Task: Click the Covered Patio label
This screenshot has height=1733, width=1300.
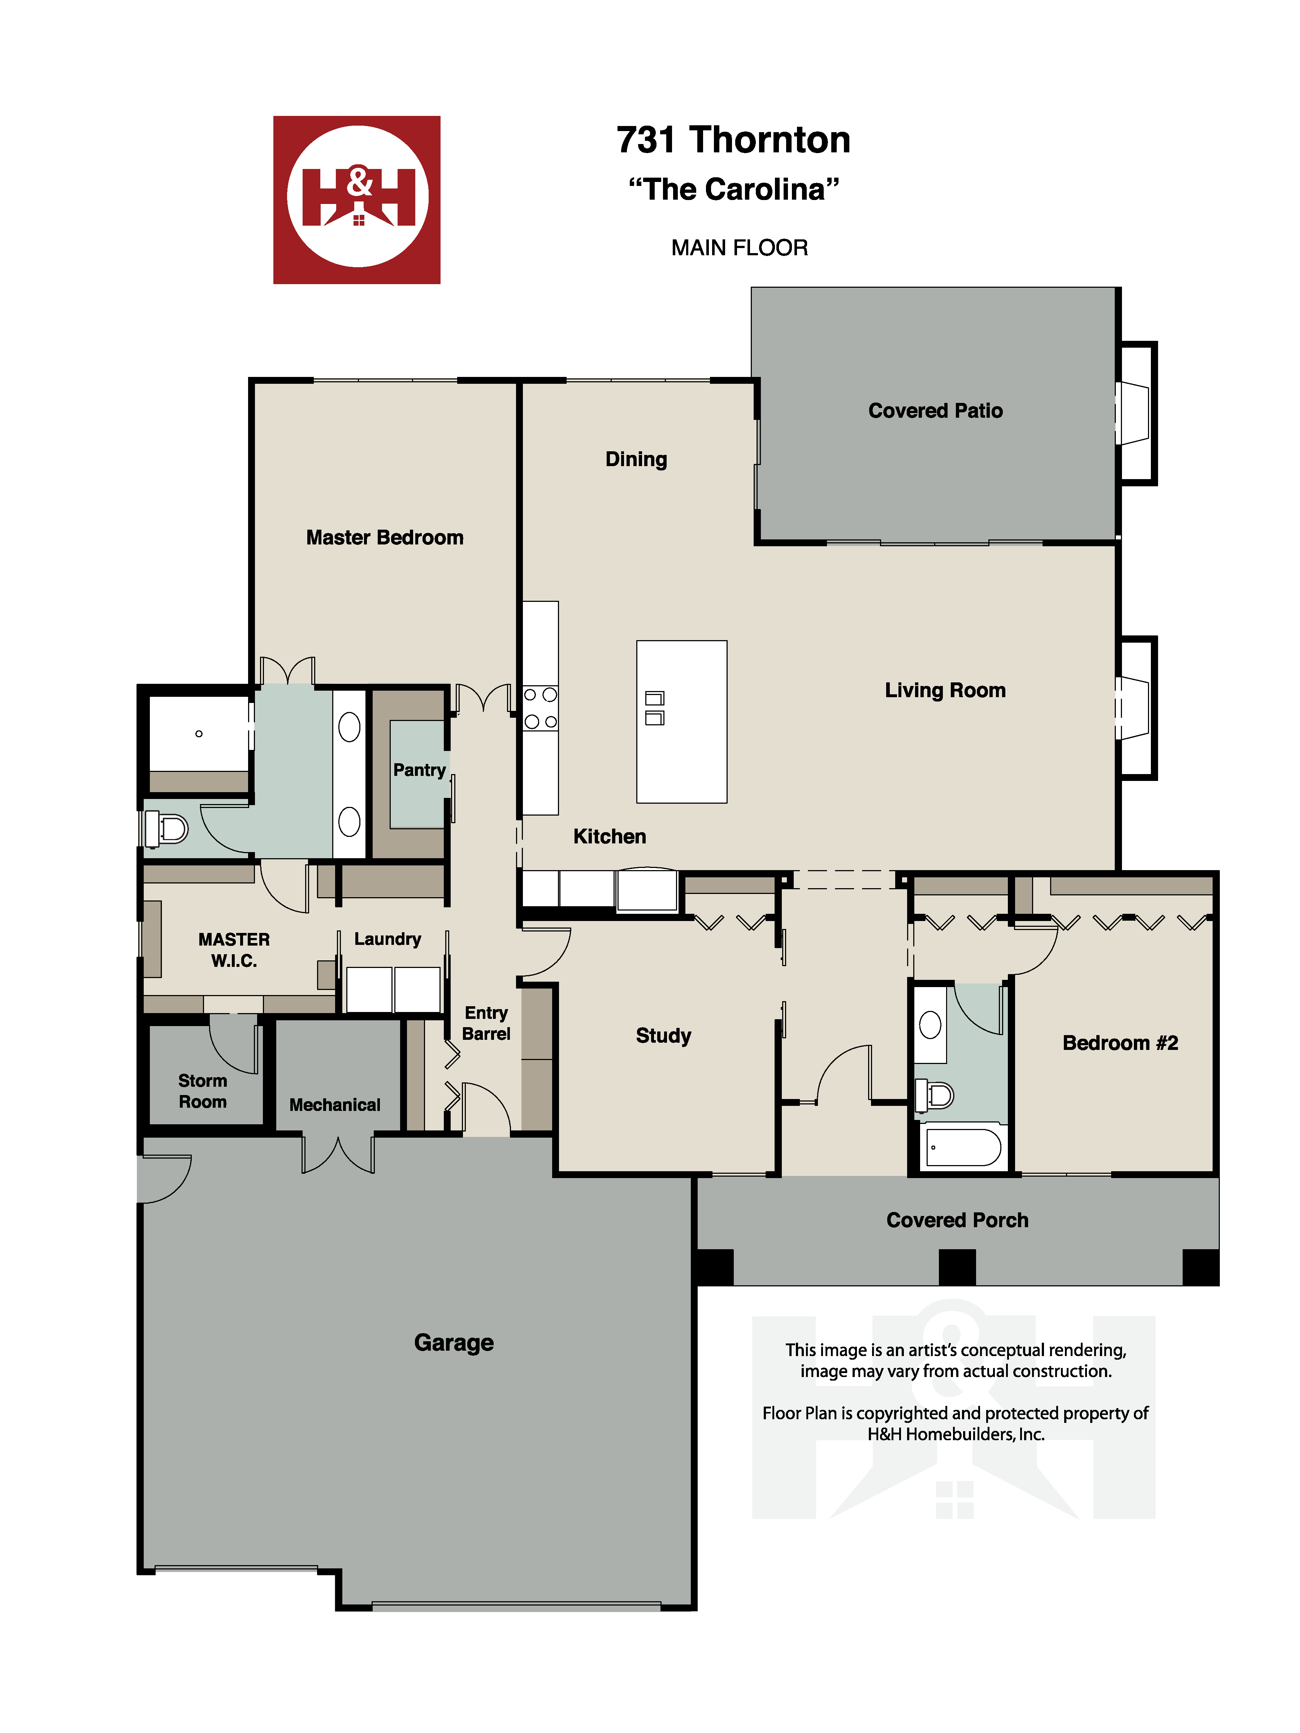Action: (x=935, y=411)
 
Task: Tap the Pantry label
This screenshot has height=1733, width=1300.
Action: (x=419, y=770)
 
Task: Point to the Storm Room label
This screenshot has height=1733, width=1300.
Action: (x=202, y=1091)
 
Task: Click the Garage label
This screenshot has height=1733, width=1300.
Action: (x=454, y=1342)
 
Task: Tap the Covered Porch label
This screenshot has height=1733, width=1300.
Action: (x=957, y=1220)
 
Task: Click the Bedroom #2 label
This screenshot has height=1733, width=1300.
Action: (x=1120, y=1043)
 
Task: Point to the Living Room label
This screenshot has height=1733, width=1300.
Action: (x=945, y=690)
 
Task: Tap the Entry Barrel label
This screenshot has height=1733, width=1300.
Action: (x=486, y=1023)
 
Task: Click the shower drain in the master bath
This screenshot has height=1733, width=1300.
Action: (x=199, y=733)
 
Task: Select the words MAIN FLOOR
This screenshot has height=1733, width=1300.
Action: (x=739, y=248)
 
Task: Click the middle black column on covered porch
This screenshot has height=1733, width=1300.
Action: (x=957, y=1267)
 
